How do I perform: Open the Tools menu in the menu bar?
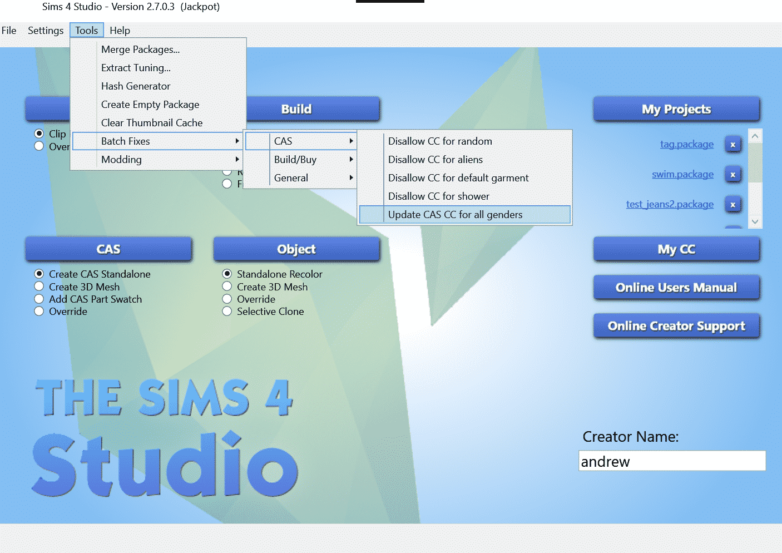(x=87, y=31)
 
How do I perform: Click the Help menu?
(x=120, y=31)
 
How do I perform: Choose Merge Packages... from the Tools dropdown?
(x=140, y=50)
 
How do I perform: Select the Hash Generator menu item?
(x=136, y=86)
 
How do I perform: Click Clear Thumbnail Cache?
(x=152, y=123)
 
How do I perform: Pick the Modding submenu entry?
(x=121, y=160)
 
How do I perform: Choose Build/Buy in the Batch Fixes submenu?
(x=295, y=160)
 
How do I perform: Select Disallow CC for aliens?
(x=435, y=160)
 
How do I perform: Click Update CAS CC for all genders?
(x=455, y=215)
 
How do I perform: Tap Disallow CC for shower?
(x=438, y=196)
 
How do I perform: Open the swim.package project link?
(x=682, y=174)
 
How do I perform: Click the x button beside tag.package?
(x=733, y=145)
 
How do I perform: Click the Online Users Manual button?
(x=676, y=288)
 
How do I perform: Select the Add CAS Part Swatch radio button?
(x=39, y=299)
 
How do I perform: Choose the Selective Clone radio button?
(x=227, y=312)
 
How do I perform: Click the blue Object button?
(x=296, y=249)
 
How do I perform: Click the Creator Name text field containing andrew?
(x=672, y=461)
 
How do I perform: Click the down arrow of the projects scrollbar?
(x=755, y=221)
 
